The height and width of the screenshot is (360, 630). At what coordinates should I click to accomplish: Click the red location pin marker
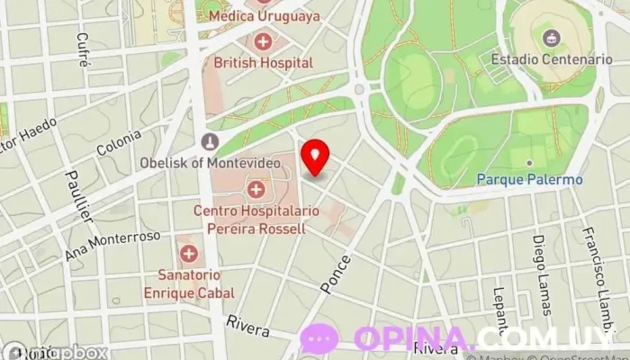(x=314, y=157)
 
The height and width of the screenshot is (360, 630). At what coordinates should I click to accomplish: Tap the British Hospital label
(x=263, y=63)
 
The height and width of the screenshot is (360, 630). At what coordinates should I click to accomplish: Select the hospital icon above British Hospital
(x=263, y=40)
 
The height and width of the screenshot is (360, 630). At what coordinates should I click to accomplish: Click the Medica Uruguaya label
(x=263, y=15)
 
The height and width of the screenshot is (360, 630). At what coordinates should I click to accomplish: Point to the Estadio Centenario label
(x=552, y=59)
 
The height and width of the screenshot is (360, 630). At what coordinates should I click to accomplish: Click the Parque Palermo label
(x=529, y=179)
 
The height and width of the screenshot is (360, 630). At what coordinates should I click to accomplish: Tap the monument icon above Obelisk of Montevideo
(x=210, y=141)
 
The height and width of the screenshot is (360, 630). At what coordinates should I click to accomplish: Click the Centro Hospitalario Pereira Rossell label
(x=249, y=220)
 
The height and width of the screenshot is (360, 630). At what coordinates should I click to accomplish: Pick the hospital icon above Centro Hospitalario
(x=256, y=189)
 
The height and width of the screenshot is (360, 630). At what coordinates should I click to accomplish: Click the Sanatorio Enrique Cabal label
(x=189, y=283)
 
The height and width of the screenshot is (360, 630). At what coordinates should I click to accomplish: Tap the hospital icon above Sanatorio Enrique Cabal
(x=188, y=254)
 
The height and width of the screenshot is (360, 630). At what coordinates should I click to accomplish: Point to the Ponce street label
(x=334, y=272)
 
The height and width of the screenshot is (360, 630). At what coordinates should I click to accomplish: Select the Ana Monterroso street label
(x=112, y=244)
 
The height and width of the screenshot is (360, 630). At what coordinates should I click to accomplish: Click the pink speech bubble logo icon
(x=319, y=339)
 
